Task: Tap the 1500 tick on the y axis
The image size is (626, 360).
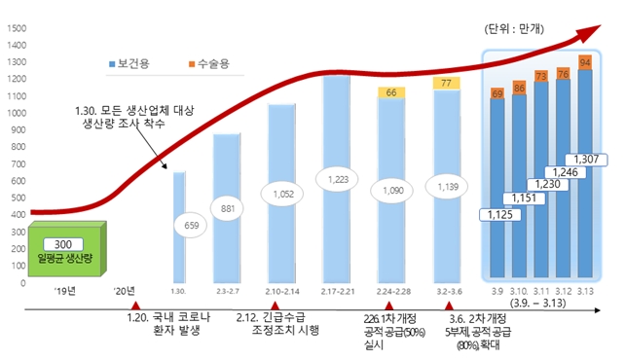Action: [16, 28]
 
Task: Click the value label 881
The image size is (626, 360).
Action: [228, 209]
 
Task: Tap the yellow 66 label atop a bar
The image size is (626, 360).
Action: [391, 92]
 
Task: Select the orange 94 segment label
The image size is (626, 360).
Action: [584, 61]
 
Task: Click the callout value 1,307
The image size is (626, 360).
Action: [586, 159]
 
